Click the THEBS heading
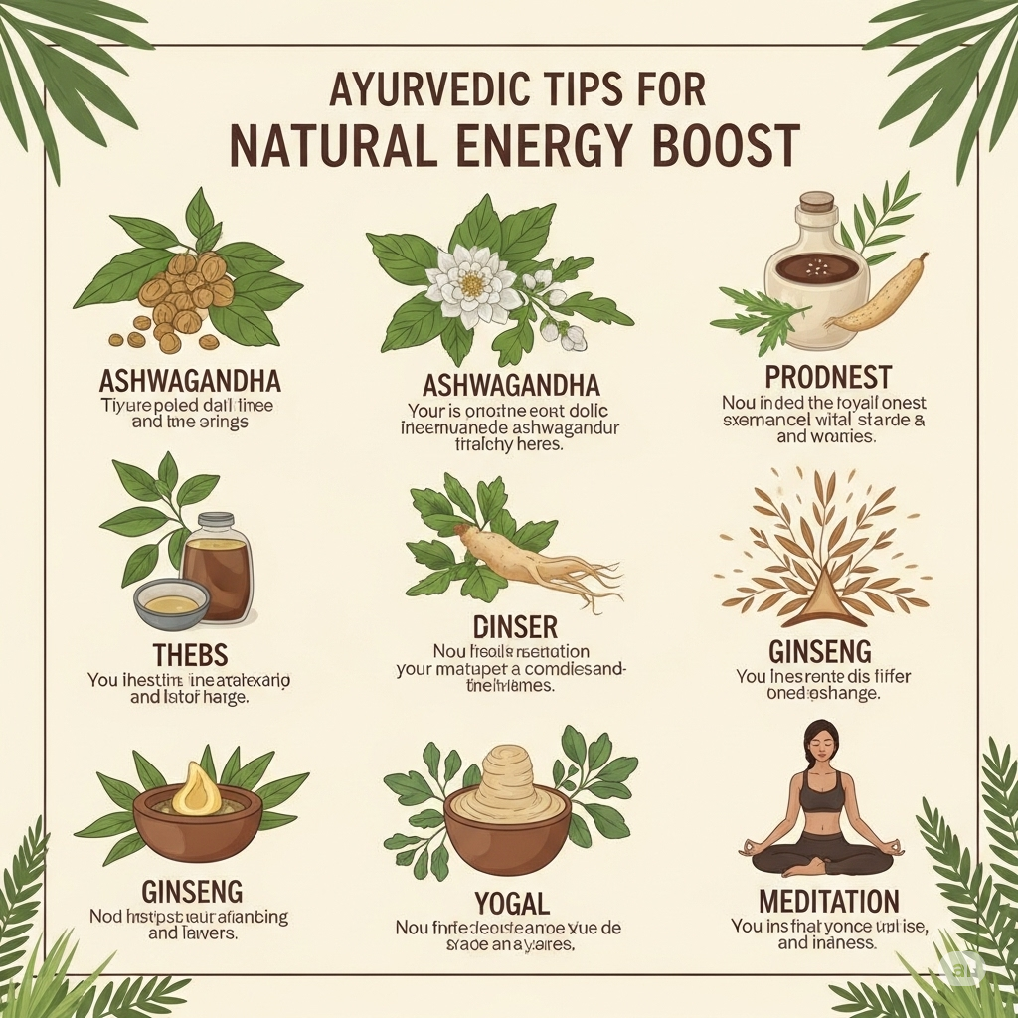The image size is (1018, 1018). pyautogui.click(x=191, y=654)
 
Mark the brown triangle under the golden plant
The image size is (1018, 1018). pyautogui.click(x=820, y=596)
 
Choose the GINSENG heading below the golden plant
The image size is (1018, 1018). pyautogui.click(x=820, y=652)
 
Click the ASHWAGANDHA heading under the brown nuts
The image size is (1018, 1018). pyautogui.click(x=191, y=381)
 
